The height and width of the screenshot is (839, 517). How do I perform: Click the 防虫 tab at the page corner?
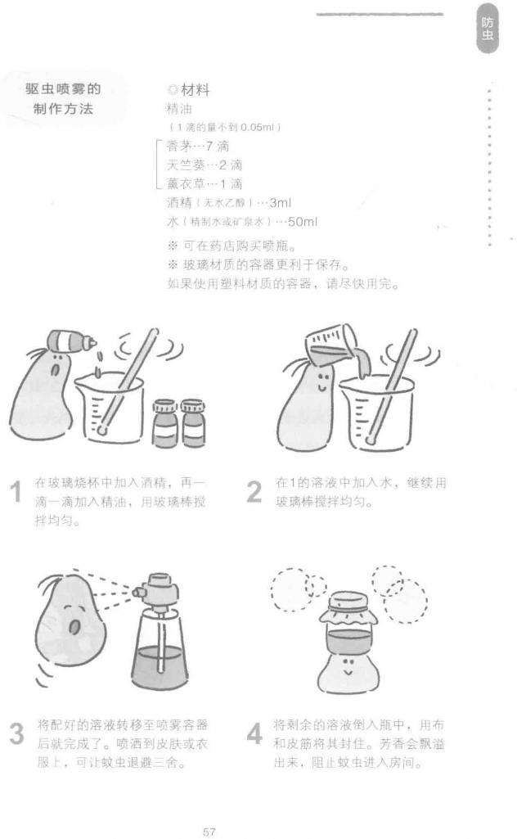pyautogui.click(x=487, y=29)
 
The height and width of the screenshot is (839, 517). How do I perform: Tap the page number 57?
pyautogui.click(x=209, y=832)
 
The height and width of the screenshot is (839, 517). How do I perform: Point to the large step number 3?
pyautogui.click(x=16, y=733)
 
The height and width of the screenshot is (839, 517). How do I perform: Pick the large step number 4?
pyautogui.click(x=254, y=733)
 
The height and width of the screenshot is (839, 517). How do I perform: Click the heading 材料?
pyautogui.click(x=196, y=90)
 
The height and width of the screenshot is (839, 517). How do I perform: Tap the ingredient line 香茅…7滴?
pyautogui.click(x=198, y=146)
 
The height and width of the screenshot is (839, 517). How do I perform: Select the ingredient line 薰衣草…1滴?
pyautogui.click(x=205, y=184)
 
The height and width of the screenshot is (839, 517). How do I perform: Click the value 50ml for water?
pyautogui.click(x=303, y=222)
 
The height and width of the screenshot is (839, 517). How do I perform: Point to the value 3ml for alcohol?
pyautogui.click(x=281, y=203)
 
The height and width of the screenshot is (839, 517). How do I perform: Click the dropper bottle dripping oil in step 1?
pyautogui.click(x=71, y=341)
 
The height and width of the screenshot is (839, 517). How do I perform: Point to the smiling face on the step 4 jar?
pyautogui.click(x=348, y=665)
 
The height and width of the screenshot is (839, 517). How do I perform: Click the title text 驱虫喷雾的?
pyautogui.click(x=63, y=89)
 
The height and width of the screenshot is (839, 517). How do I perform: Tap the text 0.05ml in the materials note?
pyautogui.click(x=257, y=128)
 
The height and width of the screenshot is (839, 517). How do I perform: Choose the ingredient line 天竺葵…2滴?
pyautogui.click(x=205, y=165)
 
